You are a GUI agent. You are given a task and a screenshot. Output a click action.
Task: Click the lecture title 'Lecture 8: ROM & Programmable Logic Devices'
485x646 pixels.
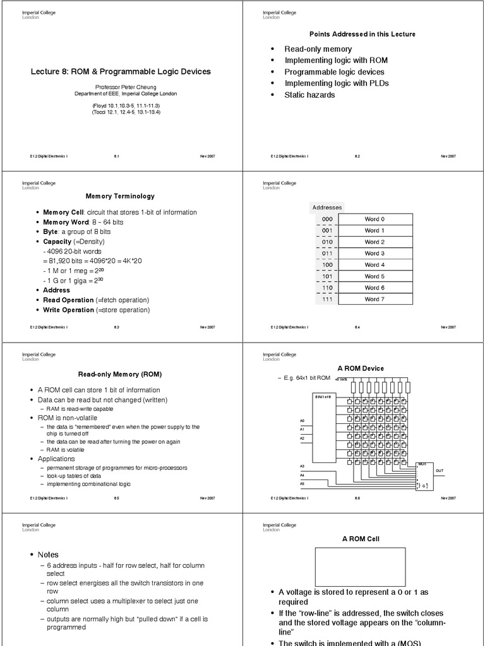[121, 72]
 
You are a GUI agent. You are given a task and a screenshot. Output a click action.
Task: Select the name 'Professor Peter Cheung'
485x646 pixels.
[121, 86]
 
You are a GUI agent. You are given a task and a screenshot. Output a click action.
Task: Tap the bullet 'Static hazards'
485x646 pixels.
[309, 95]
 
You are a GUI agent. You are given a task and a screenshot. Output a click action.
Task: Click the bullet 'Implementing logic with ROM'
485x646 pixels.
[336, 61]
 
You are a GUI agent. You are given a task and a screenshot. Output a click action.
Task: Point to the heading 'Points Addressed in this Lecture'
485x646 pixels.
[362, 34]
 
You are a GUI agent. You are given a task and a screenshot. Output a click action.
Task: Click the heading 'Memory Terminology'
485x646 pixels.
[120, 196]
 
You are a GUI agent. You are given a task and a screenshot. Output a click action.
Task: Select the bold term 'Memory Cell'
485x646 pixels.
[63, 212]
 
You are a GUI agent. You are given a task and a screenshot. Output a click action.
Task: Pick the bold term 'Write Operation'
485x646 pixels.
[68, 310]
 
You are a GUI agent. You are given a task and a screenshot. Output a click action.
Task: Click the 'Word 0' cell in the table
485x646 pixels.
[374, 220]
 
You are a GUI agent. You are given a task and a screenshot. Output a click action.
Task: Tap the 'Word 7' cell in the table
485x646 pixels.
[374, 299]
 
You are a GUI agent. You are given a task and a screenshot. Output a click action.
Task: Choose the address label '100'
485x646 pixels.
[327, 265]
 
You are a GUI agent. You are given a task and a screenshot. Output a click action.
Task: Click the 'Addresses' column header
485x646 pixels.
[327, 207]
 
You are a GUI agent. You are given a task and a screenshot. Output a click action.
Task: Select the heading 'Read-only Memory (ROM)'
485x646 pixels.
[120, 375]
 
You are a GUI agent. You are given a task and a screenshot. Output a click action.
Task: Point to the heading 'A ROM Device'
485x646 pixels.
[361, 368]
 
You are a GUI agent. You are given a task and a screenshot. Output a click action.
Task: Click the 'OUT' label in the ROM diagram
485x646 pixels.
[440, 471]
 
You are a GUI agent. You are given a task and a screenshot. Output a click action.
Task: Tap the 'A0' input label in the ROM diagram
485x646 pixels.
[302, 420]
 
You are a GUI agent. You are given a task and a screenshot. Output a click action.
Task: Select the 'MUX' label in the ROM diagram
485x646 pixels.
[422, 464]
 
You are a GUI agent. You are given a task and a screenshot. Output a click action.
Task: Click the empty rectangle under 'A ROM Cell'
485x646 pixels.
[361, 567]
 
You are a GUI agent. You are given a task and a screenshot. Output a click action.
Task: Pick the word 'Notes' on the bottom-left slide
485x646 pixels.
[48, 555]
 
